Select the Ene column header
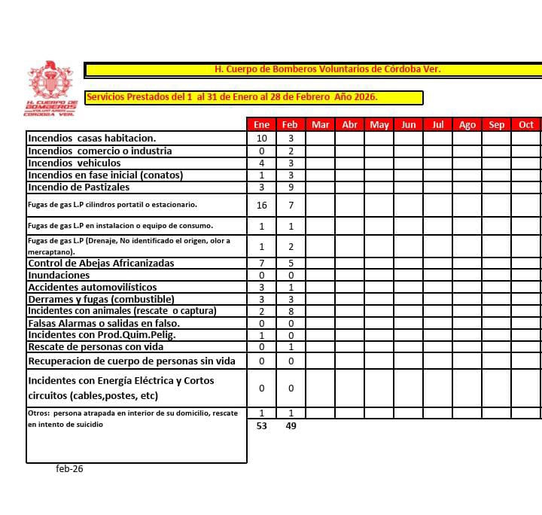[x=261, y=124]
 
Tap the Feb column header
[x=291, y=124]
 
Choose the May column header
[x=379, y=124]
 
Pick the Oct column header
[x=526, y=124]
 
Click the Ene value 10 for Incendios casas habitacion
[x=261, y=139]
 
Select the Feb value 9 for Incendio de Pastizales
[x=291, y=187]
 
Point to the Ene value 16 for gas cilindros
[x=261, y=205]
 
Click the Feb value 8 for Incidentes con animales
[x=291, y=311]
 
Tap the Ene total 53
[x=261, y=426]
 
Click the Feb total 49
[x=291, y=426]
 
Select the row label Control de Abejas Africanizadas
[x=101, y=264]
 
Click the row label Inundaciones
[x=59, y=276]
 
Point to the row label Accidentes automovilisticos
[x=93, y=288]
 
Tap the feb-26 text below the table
[x=69, y=468]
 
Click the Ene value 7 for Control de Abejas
[x=261, y=264]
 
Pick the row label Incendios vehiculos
[x=74, y=163]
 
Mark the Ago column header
[x=467, y=124]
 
